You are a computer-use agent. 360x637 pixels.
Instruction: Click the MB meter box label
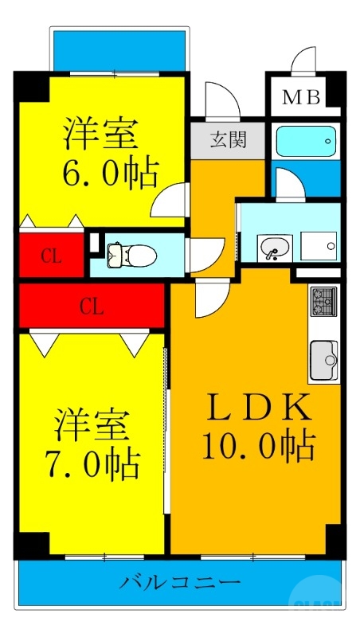303,98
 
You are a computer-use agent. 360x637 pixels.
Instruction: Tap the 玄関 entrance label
228,140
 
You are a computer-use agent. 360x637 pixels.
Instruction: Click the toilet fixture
135,255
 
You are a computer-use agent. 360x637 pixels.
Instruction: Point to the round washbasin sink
274,248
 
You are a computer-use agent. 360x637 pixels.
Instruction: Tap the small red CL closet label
51,256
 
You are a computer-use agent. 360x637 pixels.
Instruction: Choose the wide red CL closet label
92,306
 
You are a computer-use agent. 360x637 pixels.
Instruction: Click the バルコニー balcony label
180,583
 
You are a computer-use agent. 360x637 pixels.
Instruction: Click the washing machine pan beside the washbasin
318,246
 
